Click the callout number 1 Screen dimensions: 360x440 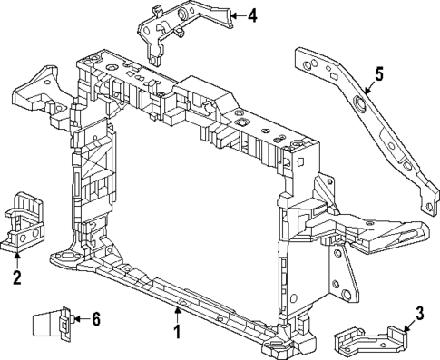(x=178, y=333)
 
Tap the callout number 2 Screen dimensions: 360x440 (x=16, y=277)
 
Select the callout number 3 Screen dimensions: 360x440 (x=419, y=315)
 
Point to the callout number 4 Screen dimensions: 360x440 (x=252, y=15)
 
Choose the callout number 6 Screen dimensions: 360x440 (x=96, y=318)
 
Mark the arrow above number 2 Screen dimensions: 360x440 (x=16, y=258)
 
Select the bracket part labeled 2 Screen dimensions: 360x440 (x=24, y=220)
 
